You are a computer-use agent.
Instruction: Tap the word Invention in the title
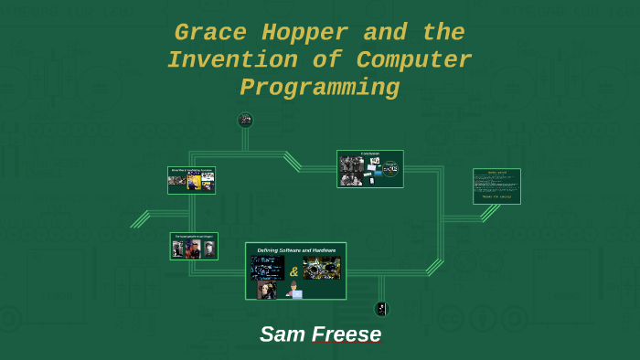point(229,60)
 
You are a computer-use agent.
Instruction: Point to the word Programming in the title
point(319,88)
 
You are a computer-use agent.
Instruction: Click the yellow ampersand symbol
point(293,271)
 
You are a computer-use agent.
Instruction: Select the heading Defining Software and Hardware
point(295,249)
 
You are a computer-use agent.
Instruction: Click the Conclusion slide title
point(369,154)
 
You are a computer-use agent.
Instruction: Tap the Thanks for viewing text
point(496,196)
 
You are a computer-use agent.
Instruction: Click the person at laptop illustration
point(294,290)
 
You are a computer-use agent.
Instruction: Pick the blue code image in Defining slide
point(268,268)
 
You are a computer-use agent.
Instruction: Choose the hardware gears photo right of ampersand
point(321,269)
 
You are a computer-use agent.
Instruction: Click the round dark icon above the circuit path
point(245,120)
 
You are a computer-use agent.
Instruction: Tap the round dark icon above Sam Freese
point(381,309)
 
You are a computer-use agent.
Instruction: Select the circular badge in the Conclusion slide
point(390,169)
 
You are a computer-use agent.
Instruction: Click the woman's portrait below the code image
point(267,290)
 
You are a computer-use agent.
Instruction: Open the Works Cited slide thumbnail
point(496,185)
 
